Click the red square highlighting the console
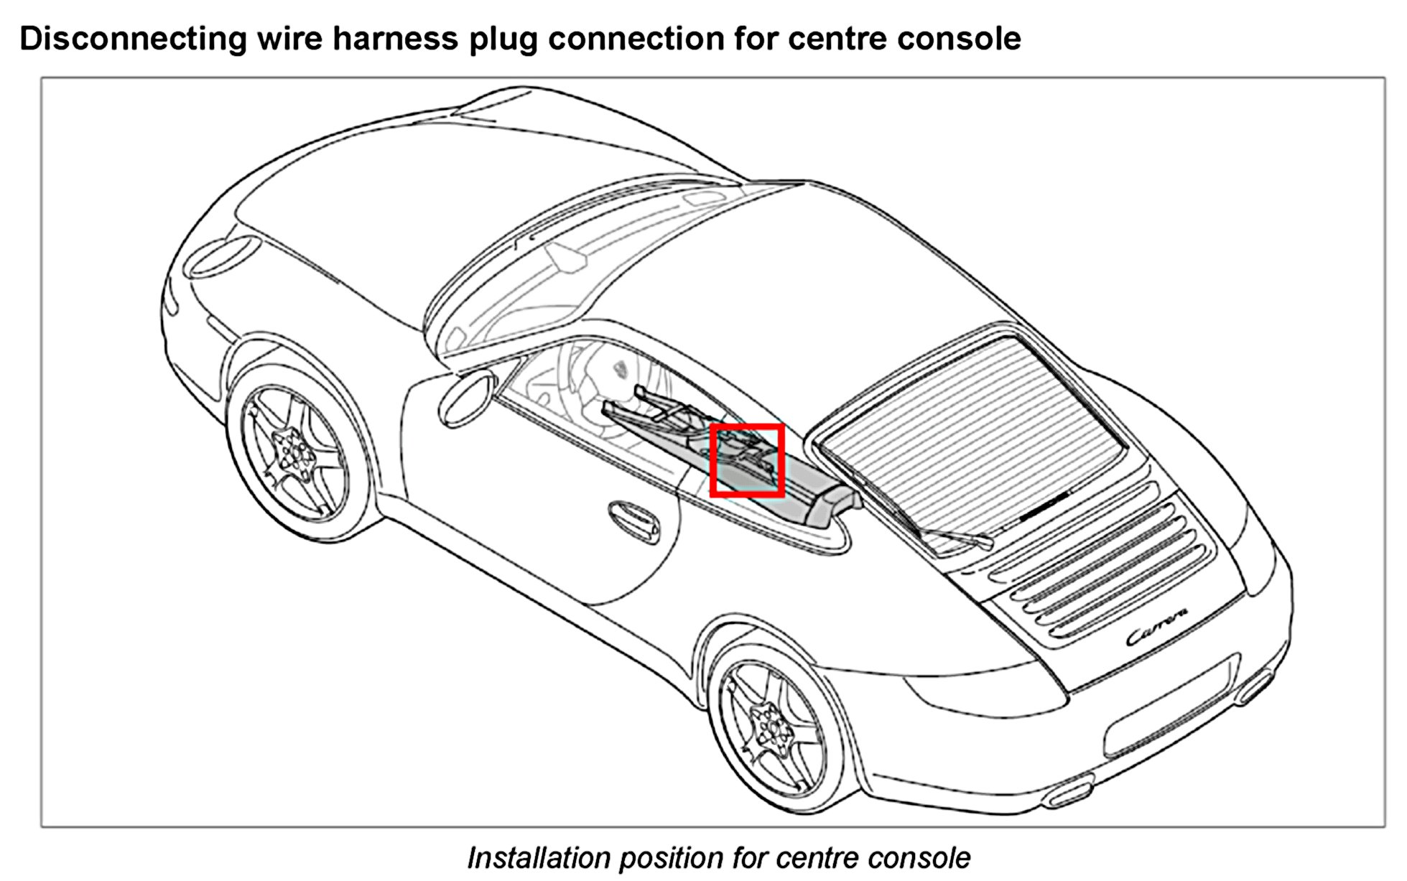747,460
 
